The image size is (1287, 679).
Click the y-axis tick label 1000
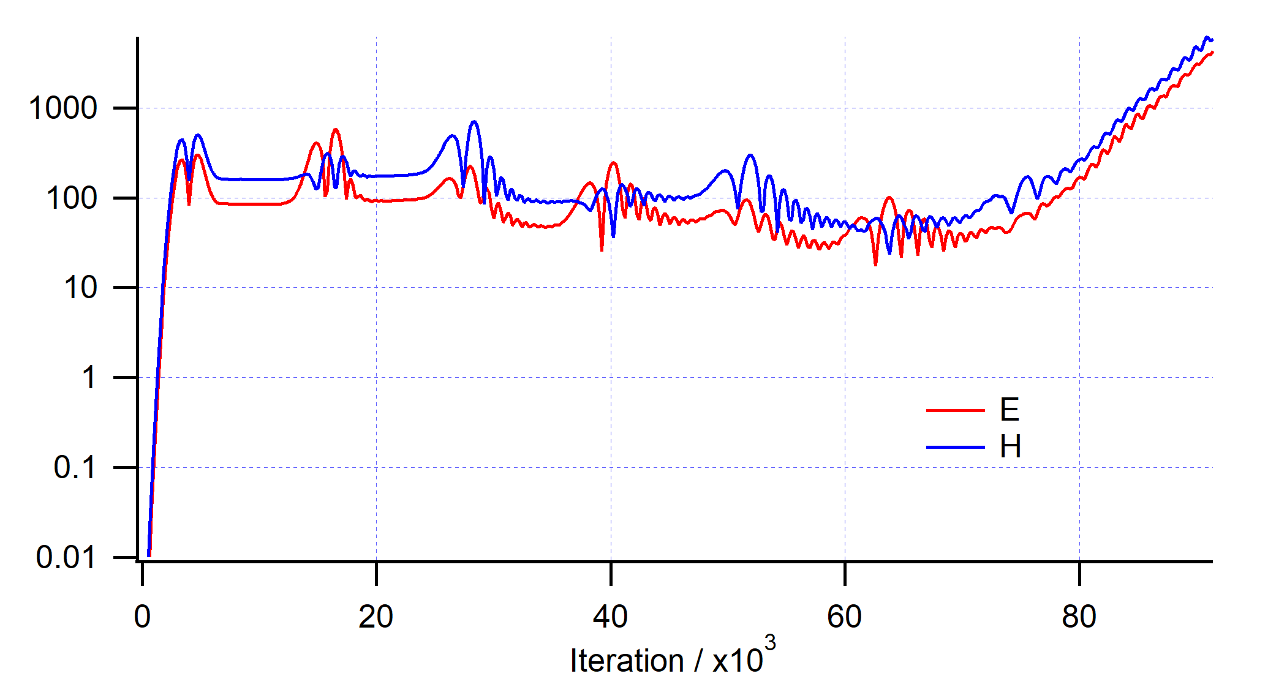click(63, 108)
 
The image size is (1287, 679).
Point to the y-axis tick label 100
click(72, 198)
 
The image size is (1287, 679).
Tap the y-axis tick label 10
click(80, 288)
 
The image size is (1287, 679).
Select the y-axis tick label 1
click(89, 378)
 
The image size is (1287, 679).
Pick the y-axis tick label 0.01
click(66, 557)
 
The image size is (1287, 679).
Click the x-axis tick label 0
click(142, 617)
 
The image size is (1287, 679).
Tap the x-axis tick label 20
click(376, 617)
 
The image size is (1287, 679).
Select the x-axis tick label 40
click(610, 617)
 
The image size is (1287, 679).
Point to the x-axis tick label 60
click(845, 617)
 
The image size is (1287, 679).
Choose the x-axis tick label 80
click(1079, 617)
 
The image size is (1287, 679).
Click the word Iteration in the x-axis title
click(627, 661)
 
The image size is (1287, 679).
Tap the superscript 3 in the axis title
click(770, 643)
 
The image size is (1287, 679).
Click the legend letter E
click(1010, 410)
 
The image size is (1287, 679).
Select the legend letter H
click(1010, 447)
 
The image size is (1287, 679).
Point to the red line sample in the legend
click(955, 410)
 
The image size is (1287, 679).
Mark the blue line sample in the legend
click(955, 448)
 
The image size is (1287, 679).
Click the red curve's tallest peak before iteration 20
click(335, 130)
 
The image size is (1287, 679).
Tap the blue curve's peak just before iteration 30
click(474, 122)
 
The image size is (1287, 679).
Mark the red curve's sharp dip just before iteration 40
click(602, 249)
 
